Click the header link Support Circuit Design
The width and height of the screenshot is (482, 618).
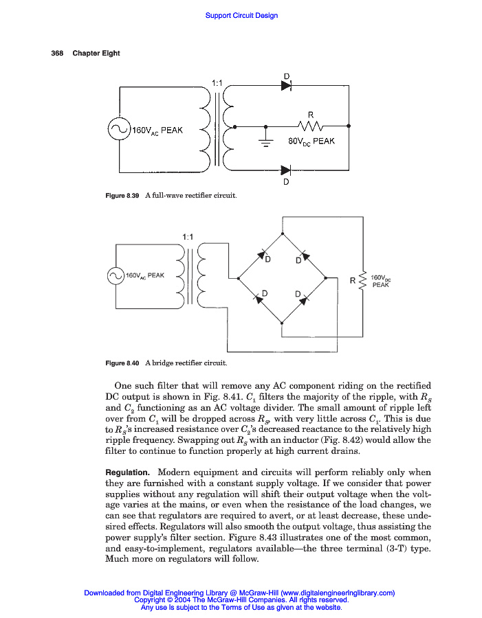point(241,16)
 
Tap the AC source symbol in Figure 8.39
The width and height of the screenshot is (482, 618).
point(119,129)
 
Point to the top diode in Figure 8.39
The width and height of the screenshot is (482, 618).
point(286,87)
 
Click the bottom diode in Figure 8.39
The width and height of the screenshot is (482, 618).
point(286,170)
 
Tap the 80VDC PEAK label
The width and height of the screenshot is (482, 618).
point(311,141)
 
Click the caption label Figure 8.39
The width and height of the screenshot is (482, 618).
point(122,196)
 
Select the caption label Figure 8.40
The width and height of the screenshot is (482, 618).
point(122,363)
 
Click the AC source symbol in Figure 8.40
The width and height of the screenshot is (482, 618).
point(115,276)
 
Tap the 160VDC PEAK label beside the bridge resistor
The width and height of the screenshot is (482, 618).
point(381,281)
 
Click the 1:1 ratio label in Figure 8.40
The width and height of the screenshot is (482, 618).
point(188,237)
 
